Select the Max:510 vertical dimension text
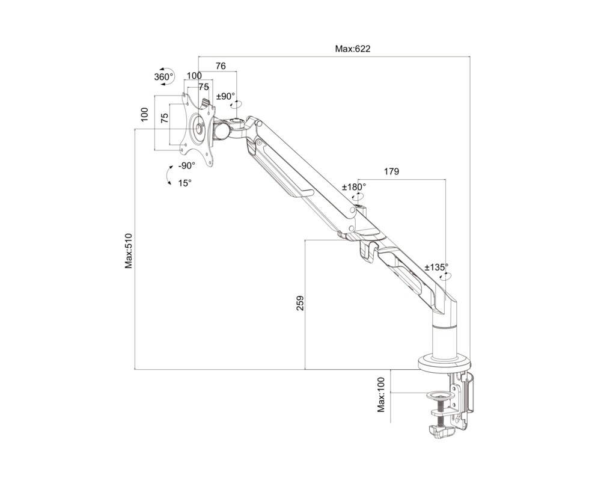point(129,250)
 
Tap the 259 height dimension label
point(300,302)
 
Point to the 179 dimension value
point(391,171)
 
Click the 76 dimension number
point(221,66)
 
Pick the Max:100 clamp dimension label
point(381,394)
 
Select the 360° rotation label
point(163,77)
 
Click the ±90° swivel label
point(226,96)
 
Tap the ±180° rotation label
point(353,187)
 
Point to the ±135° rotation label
point(436,267)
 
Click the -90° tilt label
point(187,166)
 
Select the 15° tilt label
point(185,183)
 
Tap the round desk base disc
point(445,363)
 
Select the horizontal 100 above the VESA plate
point(194,76)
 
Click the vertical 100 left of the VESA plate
point(144,115)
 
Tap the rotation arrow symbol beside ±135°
point(446,276)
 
